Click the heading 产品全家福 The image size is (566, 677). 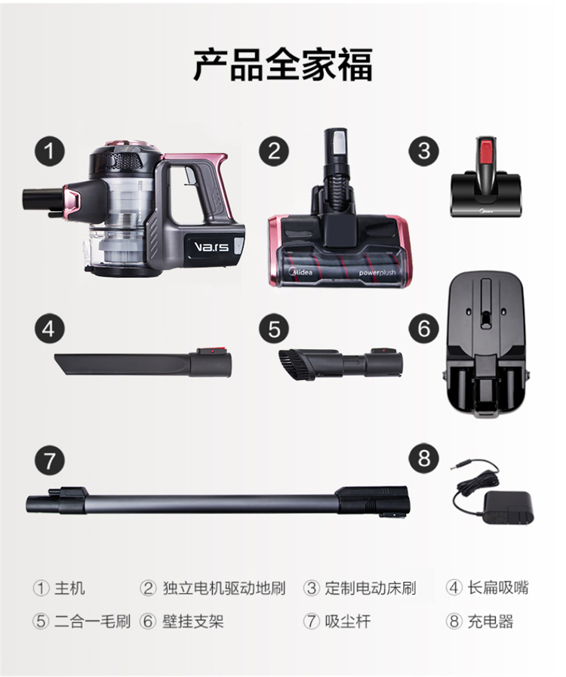(282, 65)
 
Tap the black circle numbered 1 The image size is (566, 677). (50, 152)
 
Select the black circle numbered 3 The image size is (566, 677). (424, 151)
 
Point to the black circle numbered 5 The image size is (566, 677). (274, 329)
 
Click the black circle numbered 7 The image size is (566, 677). (50, 461)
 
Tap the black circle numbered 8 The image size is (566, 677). (424, 457)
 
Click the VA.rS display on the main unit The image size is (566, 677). (211, 247)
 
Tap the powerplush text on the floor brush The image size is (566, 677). (377, 273)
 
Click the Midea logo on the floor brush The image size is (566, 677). (300, 272)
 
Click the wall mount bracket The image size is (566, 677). (487, 346)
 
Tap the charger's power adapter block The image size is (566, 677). (509, 508)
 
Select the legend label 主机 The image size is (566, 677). (69, 587)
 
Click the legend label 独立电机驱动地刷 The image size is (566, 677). (224, 587)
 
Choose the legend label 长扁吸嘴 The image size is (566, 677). (498, 587)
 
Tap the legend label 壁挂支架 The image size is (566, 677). (193, 621)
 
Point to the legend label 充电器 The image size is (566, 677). (491, 621)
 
